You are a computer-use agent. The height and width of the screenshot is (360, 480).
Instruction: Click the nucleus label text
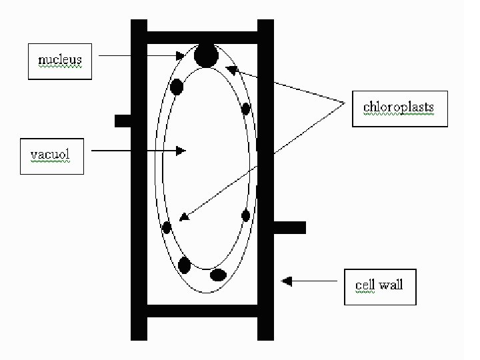tap(60, 60)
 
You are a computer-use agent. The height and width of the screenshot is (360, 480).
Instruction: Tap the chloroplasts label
tap(399, 107)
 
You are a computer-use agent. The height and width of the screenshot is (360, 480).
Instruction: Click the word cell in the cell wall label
tap(365, 285)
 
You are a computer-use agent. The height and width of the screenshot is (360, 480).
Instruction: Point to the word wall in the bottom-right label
tap(391, 285)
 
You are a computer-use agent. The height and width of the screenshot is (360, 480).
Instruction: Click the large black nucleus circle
tap(205, 56)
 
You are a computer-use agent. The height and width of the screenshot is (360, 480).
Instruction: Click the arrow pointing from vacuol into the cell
tap(137, 151)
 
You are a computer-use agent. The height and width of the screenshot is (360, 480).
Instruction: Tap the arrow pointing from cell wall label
tap(310, 281)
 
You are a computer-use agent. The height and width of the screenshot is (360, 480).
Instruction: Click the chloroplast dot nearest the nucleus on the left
tap(177, 87)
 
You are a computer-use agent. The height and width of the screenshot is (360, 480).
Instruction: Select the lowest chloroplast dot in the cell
tap(218, 275)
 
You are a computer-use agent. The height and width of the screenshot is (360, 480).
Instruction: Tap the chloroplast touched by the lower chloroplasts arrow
tap(167, 227)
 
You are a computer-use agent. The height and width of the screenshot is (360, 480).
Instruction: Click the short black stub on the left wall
tap(123, 121)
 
